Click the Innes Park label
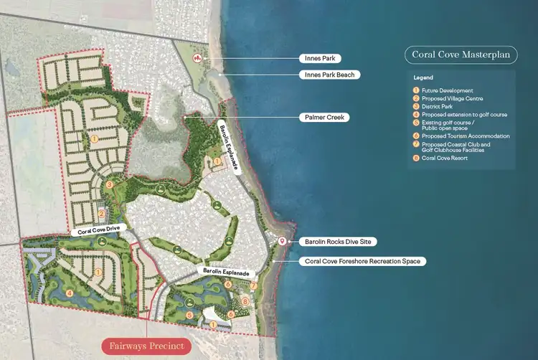322,57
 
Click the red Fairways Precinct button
146,346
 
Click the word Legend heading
424,77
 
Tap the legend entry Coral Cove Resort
445,158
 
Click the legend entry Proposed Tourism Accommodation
466,136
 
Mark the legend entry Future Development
447,90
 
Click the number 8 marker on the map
245,302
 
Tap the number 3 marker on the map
109,185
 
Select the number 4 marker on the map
70,293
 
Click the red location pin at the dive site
283,242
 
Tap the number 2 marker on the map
102,213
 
